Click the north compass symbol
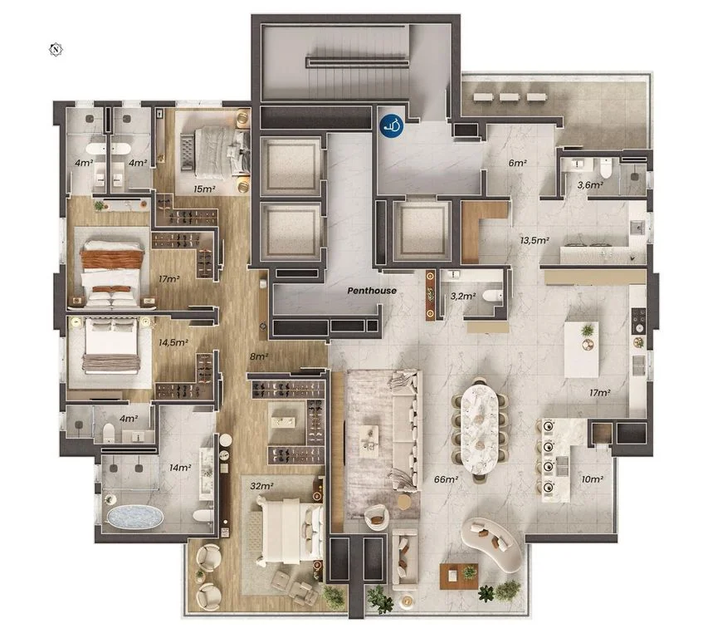[x=56, y=49]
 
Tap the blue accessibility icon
[x=392, y=125]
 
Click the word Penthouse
[x=372, y=291]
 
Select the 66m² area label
[x=446, y=479]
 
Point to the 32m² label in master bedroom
[x=261, y=486]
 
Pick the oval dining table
[x=479, y=429]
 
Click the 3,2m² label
[x=462, y=296]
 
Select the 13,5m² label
[x=535, y=240]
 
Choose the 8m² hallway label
[x=259, y=356]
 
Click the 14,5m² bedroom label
[x=173, y=342]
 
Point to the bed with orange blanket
[x=112, y=272]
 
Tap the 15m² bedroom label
[x=204, y=189]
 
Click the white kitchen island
[x=581, y=350]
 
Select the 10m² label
[x=592, y=479]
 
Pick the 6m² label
[x=517, y=163]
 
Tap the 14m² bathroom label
[x=180, y=468]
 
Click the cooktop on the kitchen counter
[x=638, y=321]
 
